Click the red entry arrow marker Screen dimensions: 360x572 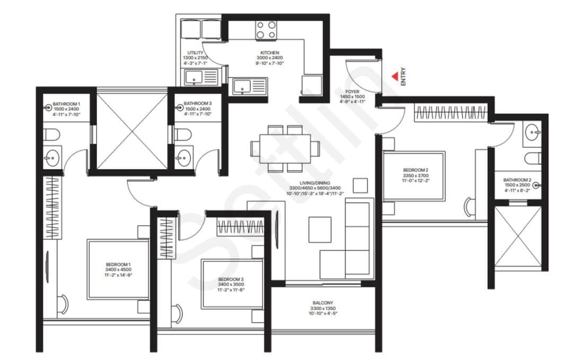pyautogui.click(x=394, y=77)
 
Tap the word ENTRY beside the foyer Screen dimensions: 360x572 pyautogui.click(x=403, y=76)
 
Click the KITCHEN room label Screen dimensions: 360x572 pyautogui.click(x=270, y=53)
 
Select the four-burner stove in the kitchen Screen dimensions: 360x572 pyautogui.click(x=266, y=29)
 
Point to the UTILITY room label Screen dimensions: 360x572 pyautogui.click(x=195, y=53)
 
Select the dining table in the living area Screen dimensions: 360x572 pyautogui.click(x=285, y=148)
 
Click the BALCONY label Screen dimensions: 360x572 pyautogui.click(x=323, y=303)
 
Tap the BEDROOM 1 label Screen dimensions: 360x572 pyautogui.click(x=118, y=264)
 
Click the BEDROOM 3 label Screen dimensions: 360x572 pyautogui.click(x=231, y=279)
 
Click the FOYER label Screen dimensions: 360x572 pyautogui.click(x=352, y=92)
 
